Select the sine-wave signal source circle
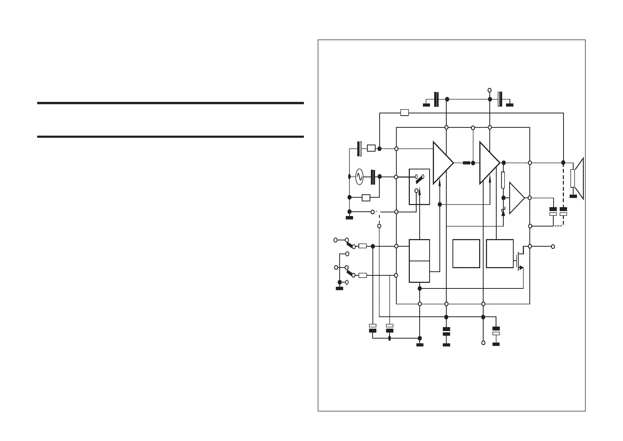coord(359,177)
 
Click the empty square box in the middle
coord(466,253)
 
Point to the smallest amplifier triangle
coord(516,198)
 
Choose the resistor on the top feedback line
coord(405,113)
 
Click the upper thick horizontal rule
coord(171,103)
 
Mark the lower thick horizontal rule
coord(171,137)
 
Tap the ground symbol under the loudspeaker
coord(573,196)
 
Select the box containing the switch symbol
coord(419,187)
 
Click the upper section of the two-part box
coord(419,250)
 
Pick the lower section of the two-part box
coord(419,272)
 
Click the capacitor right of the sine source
coord(373,177)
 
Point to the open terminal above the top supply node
coord(490,90)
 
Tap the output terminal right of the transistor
coord(553,247)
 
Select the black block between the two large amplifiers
coord(466,163)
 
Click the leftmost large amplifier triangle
coord(441,163)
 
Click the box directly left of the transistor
coord(500,253)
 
